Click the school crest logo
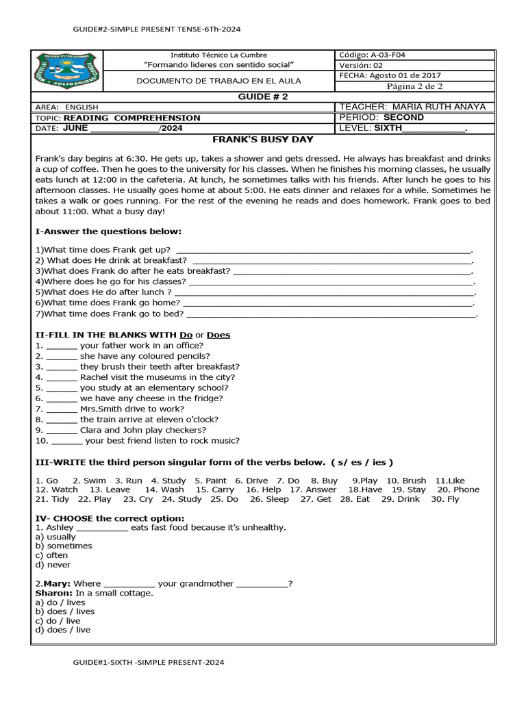coord(66,71)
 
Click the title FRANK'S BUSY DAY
coord(263,140)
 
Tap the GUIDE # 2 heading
coord(263,97)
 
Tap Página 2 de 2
coord(414,86)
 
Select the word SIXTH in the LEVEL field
coord(388,128)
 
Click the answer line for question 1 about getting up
coord(323,251)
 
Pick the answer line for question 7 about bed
coord(331,314)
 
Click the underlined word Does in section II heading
coord(218,335)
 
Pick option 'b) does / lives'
coord(65,611)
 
